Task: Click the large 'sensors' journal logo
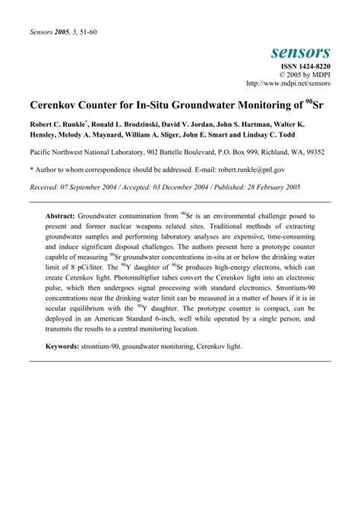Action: (x=300, y=52)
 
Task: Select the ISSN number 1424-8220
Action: (x=305, y=68)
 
